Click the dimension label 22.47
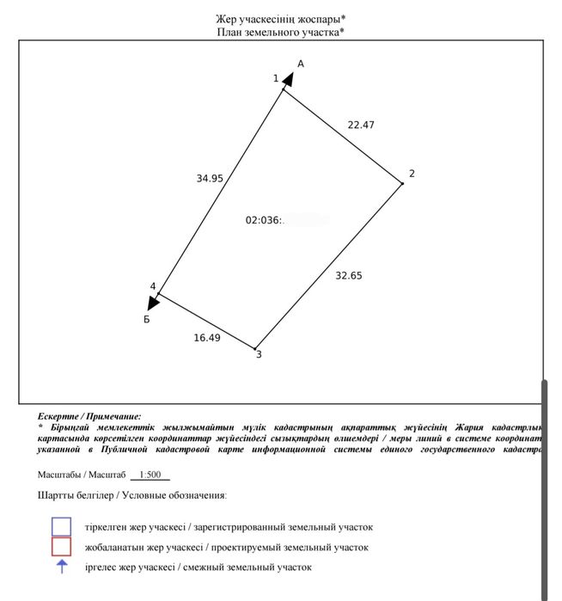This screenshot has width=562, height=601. click(361, 125)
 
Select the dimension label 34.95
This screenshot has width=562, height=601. click(210, 179)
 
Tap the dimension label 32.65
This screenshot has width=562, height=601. click(349, 276)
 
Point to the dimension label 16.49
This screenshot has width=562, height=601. click(207, 338)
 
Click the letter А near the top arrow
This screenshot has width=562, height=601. click(301, 64)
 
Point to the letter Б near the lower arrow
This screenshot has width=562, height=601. click(147, 319)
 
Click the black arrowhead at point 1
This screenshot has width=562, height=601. click(289, 80)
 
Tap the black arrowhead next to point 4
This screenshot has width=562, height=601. click(154, 302)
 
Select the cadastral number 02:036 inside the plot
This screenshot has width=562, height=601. click(265, 220)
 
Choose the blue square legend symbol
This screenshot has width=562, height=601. click(61, 526)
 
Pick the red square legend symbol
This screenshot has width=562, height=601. click(61, 547)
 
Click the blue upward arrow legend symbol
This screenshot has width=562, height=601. click(61, 567)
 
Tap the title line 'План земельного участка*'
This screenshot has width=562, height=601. click(282, 32)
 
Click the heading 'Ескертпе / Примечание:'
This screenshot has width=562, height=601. click(89, 415)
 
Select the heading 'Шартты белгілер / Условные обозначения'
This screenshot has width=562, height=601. click(131, 496)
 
